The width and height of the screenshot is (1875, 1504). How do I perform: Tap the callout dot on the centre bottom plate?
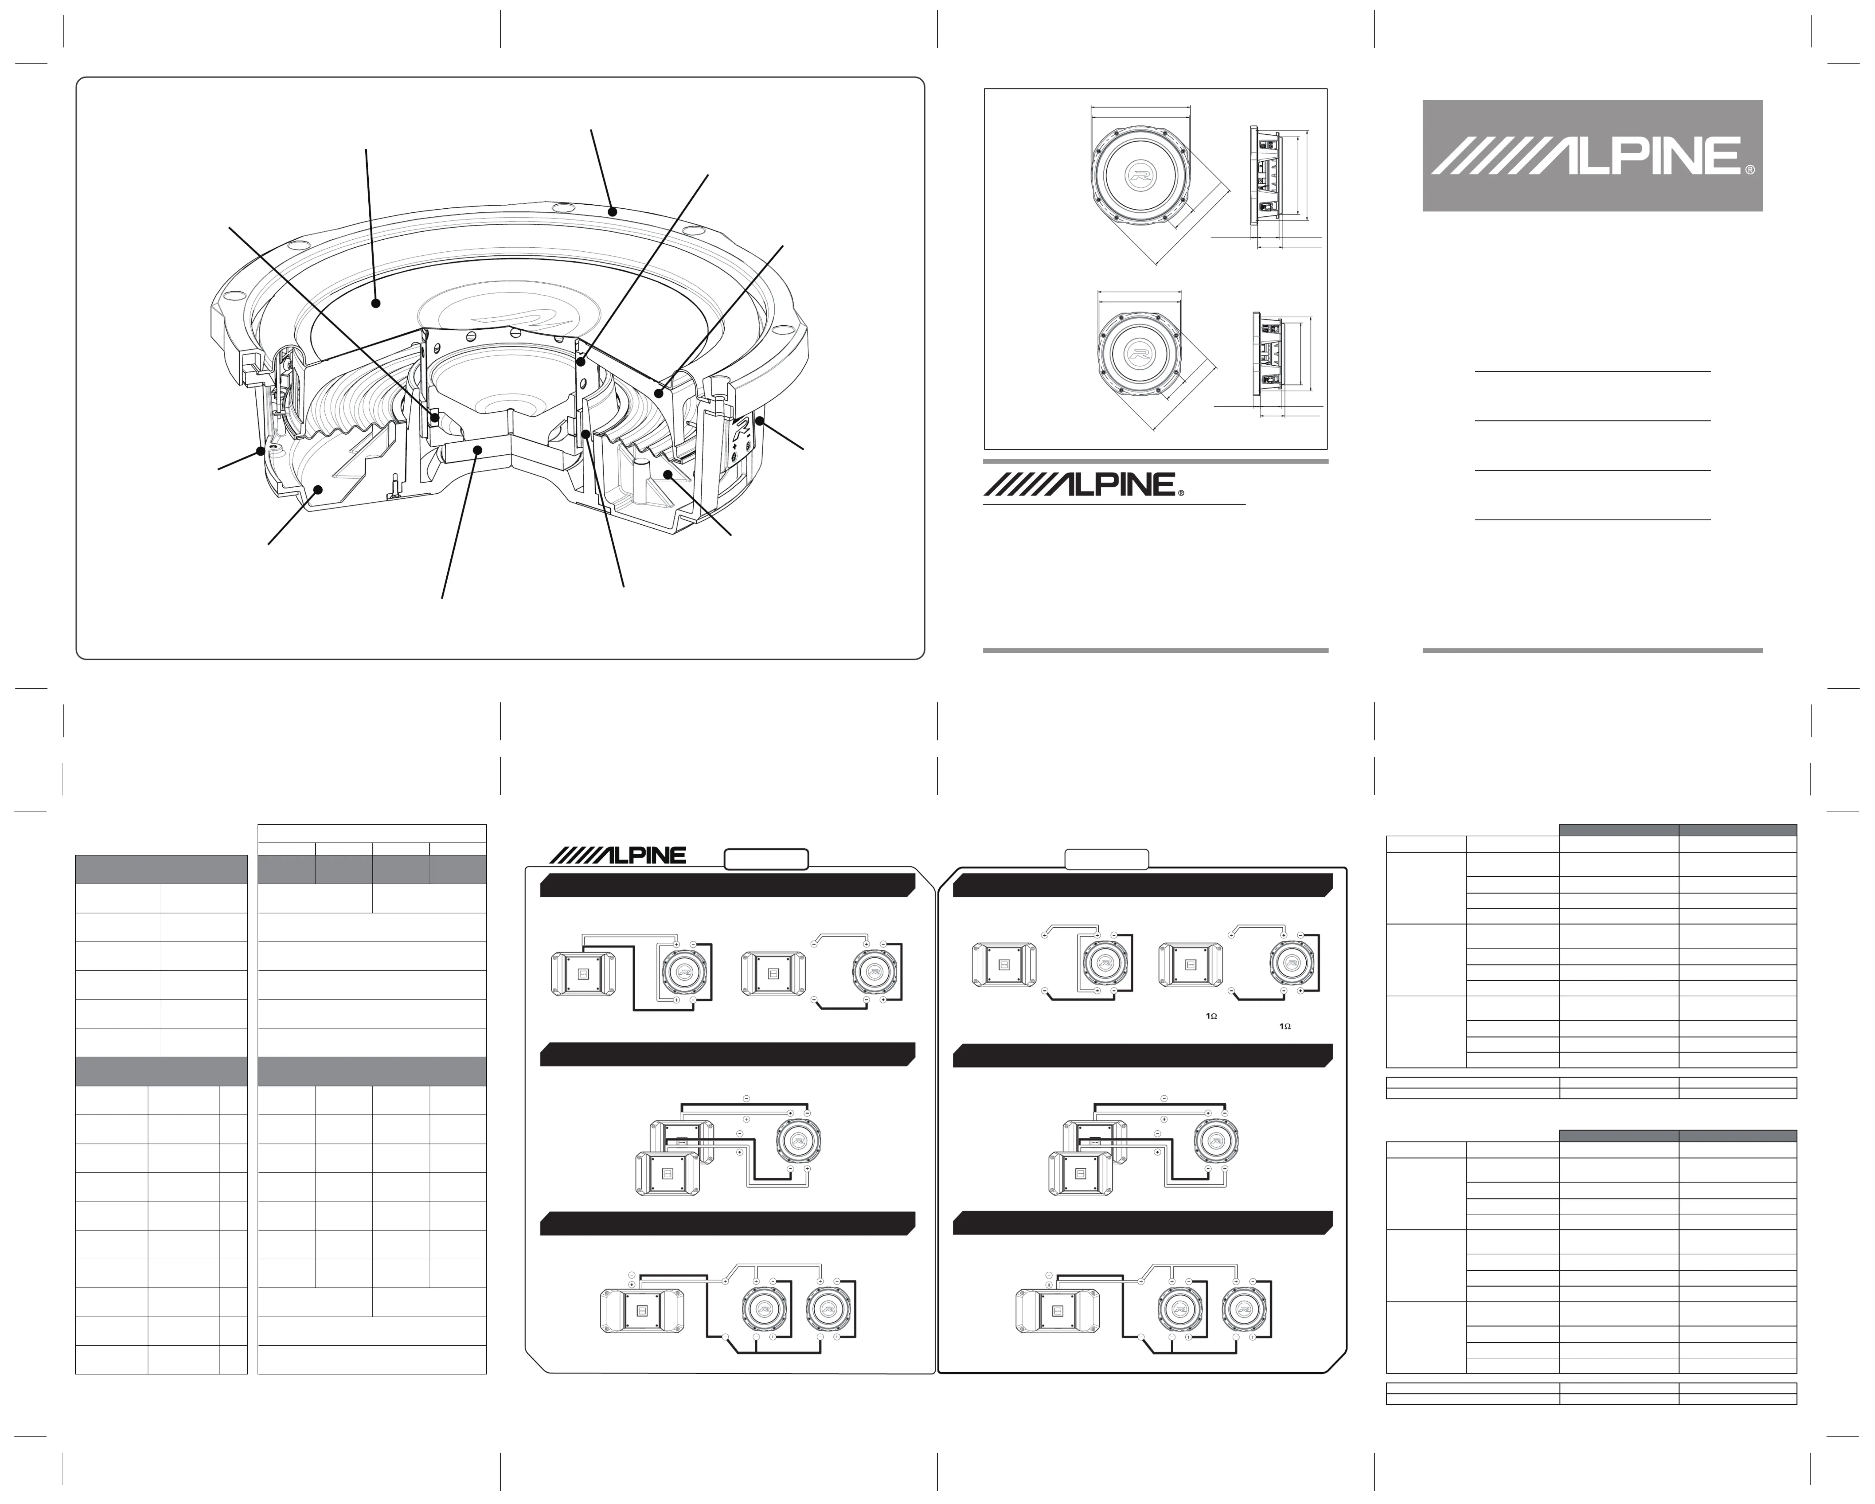(x=478, y=449)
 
